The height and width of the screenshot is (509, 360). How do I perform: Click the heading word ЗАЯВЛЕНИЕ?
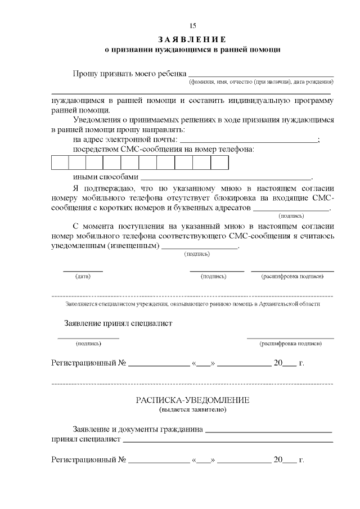point(192,39)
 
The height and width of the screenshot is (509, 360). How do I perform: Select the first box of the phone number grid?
point(60,163)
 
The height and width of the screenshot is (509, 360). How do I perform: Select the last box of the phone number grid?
point(219,163)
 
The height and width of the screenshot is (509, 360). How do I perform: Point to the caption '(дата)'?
point(83,276)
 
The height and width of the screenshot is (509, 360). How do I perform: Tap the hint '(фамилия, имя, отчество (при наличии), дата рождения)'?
point(261,83)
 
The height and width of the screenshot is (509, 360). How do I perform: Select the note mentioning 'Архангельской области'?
point(192,304)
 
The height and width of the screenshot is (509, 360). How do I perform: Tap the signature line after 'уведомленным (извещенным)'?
point(200,248)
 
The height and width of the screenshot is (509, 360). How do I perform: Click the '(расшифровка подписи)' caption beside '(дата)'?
point(292,276)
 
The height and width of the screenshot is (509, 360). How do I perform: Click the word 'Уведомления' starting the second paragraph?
point(97,120)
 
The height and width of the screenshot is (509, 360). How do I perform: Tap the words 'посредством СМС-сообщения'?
point(121,150)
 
